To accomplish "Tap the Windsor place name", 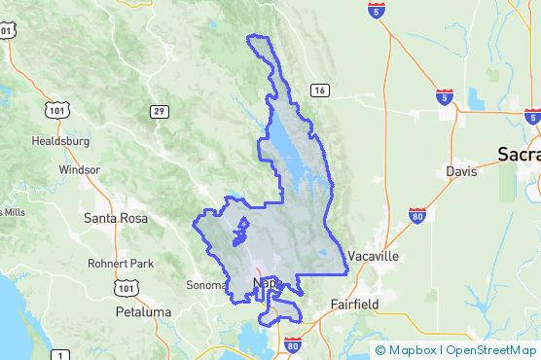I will click(x=79, y=169).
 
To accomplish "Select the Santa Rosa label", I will click(x=116, y=218).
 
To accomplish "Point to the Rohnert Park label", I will click(x=122, y=264).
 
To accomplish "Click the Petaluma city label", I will click(x=143, y=312).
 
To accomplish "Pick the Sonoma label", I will click(x=204, y=285).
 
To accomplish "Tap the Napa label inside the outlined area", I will click(x=266, y=283).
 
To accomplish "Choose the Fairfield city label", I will click(x=354, y=304).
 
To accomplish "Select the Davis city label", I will click(x=461, y=171).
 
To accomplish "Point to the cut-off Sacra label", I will click(x=518, y=154).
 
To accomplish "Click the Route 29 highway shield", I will click(x=159, y=112).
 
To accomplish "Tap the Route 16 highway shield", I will click(x=320, y=90).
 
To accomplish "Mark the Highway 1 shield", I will click(x=60, y=354).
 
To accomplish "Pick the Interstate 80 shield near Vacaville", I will click(x=416, y=215).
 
